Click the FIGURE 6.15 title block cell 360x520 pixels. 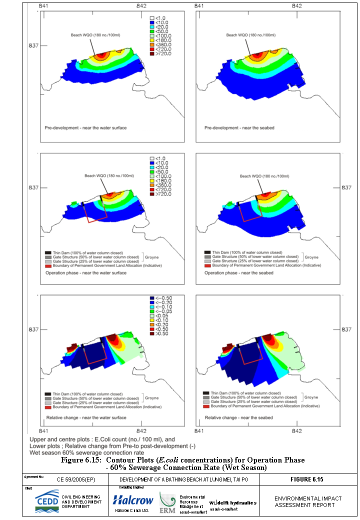pyautogui.click(x=307, y=479)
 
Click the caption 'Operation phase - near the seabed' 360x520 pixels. pyautogui.click(x=239, y=273)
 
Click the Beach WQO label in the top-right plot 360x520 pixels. pyautogui.click(x=251, y=35)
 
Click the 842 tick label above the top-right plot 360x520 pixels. pyautogui.click(x=297, y=5)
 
